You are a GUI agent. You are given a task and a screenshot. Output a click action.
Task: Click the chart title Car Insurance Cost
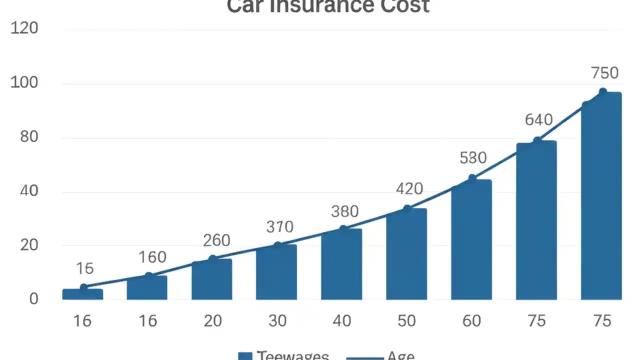[x=328, y=6]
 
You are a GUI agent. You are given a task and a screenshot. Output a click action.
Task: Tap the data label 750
[x=604, y=73]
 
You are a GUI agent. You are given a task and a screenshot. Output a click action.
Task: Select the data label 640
[x=538, y=120]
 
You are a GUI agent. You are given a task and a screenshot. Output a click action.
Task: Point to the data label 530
[x=473, y=158]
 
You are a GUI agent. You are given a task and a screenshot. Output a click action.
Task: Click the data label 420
[x=409, y=189]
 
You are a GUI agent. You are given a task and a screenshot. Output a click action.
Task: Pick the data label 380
[x=344, y=211]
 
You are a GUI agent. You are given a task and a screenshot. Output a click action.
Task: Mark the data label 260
[x=216, y=240]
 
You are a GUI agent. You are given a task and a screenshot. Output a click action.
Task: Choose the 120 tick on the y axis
[x=24, y=28]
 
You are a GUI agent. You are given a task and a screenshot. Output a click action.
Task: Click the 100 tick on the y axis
[x=24, y=82]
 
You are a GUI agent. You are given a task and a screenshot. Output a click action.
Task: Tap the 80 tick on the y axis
[x=29, y=137]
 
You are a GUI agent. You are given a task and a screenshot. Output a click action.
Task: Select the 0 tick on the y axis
[x=33, y=298]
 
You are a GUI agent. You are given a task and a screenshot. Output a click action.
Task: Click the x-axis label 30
[x=277, y=320]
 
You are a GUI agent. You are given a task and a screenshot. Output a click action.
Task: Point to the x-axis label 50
[x=406, y=320]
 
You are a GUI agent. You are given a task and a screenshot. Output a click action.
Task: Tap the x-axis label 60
[x=471, y=320]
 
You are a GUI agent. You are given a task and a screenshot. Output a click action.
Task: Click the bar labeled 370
[x=276, y=272]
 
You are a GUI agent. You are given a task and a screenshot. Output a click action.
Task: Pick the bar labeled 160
[x=147, y=287]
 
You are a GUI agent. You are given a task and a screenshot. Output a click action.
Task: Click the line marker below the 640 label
[x=537, y=141]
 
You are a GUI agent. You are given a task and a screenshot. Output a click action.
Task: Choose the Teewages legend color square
[x=245, y=356]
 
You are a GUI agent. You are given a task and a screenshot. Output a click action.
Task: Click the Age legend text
[x=400, y=356]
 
